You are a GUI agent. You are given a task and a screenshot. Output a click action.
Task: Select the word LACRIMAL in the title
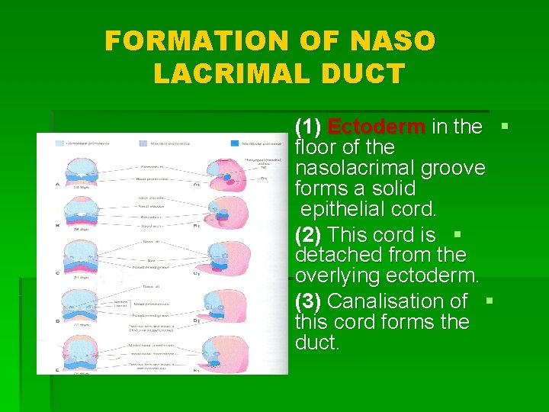click(230, 74)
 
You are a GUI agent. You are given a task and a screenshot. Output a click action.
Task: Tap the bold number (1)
click(308, 127)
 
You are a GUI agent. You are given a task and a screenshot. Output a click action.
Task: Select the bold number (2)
click(308, 234)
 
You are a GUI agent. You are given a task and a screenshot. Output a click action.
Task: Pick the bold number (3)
click(308, 301)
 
